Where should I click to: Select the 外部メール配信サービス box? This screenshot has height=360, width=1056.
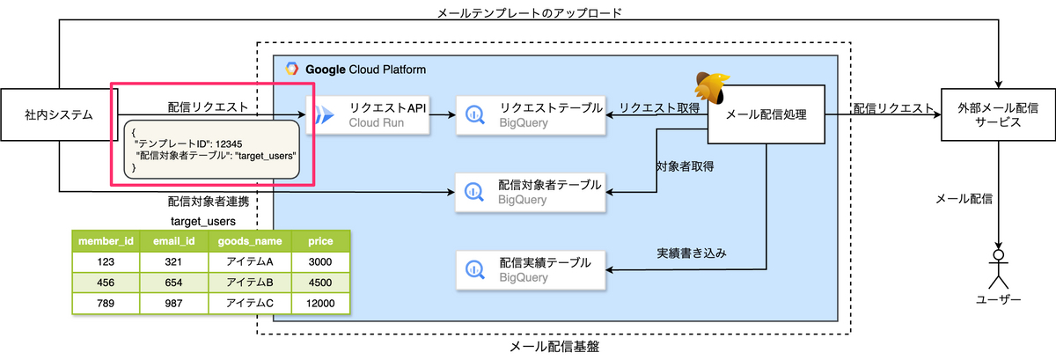click(997, 114)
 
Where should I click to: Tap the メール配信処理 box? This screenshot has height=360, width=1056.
click(766, 114)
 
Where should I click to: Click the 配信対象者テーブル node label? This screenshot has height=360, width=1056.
click(550, 185)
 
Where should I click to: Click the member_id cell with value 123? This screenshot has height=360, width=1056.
click(105, 261)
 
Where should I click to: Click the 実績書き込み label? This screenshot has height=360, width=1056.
click(696, 253)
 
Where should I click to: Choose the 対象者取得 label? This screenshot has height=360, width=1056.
click(684, 165)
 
